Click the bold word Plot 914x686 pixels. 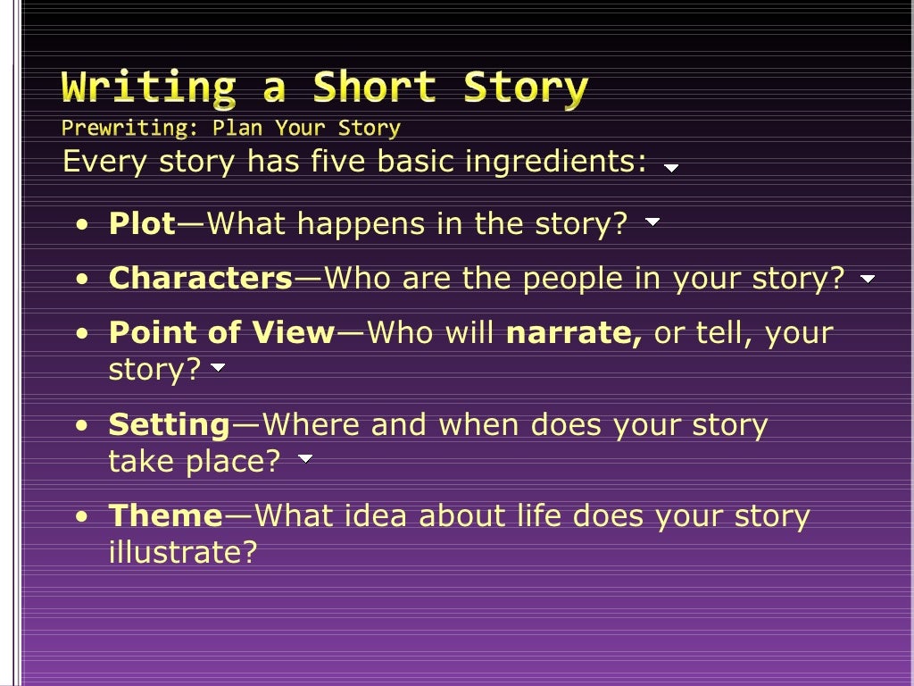click(x=142, y=223)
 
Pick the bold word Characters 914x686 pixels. click(x=201, y=279)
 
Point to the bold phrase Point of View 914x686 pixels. click(x=221, y=333)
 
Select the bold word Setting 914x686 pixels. click(x=170, y=425)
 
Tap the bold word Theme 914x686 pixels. click(x=165, y=515)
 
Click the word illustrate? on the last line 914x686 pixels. click(x=182, y=552)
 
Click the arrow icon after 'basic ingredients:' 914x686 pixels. click(x=671, y=167)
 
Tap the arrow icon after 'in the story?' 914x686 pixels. click(x=652, y=222)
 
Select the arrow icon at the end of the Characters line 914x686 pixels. click(x=868, y=280)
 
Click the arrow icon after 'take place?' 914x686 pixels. click(x=305, y=459)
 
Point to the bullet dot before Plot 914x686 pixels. click(x=82, y=225)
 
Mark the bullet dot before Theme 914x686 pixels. click(x=82, y=517)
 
